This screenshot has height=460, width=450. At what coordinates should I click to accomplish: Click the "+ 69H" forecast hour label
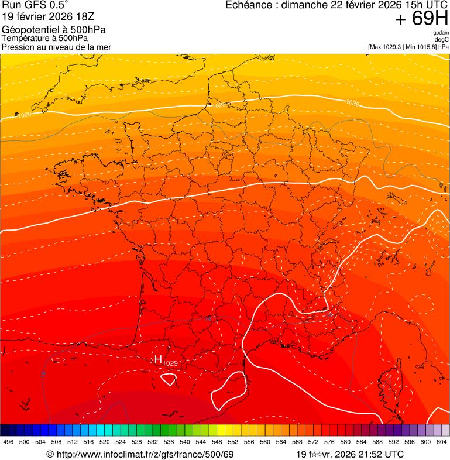(421, 19)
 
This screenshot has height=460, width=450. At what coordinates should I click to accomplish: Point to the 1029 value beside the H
(170, 363)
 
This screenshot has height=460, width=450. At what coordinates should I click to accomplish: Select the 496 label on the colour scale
(8, 442)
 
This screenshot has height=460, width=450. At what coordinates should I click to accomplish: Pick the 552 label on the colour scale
(233, 442)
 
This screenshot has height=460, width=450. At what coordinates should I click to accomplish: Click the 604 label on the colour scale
(441, 442)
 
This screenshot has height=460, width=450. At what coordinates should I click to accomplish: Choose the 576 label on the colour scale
(329, 442)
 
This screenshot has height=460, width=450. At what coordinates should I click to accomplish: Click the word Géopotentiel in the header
(29, 29)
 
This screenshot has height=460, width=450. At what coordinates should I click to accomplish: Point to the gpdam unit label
(441, 33)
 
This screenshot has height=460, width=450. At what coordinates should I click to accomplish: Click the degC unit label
(442, 40)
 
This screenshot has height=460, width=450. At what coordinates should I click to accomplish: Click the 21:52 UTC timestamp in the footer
(379, 454)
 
